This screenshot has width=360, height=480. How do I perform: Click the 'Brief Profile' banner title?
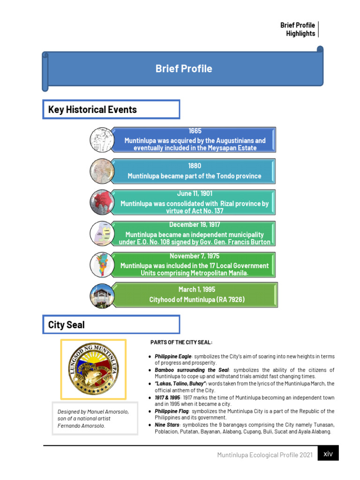click(x=184, y=69)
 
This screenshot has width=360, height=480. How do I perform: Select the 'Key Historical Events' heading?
click(x=92, y=110)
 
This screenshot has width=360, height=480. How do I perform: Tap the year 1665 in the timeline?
click(x=195, y=131)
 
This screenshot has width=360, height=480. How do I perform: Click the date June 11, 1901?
click(x=195, y=194)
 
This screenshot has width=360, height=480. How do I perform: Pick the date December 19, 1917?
click(x=195, y=225)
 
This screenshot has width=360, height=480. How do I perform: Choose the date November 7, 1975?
click(x=195, y=256)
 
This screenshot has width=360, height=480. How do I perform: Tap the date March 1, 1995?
click(x=197, y=289)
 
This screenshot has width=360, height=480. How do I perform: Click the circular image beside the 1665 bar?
click(x=102, y=139)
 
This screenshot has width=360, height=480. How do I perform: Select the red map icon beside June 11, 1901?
click(x=102, y=202)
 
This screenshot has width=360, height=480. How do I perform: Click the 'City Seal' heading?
click(x=67, y=325)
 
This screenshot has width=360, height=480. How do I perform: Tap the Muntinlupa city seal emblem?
click(x=93, y=367)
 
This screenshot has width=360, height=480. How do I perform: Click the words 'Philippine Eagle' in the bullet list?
click(x=173, y=357)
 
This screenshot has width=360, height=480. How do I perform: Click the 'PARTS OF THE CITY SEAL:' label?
click(x=181, y=342)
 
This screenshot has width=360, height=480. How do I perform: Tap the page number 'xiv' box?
click(x=328, y=453)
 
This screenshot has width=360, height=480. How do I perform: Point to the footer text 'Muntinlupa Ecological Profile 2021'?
click(x=265, y=455)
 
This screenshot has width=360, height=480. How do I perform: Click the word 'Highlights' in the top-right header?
click(x=300, y=34)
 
